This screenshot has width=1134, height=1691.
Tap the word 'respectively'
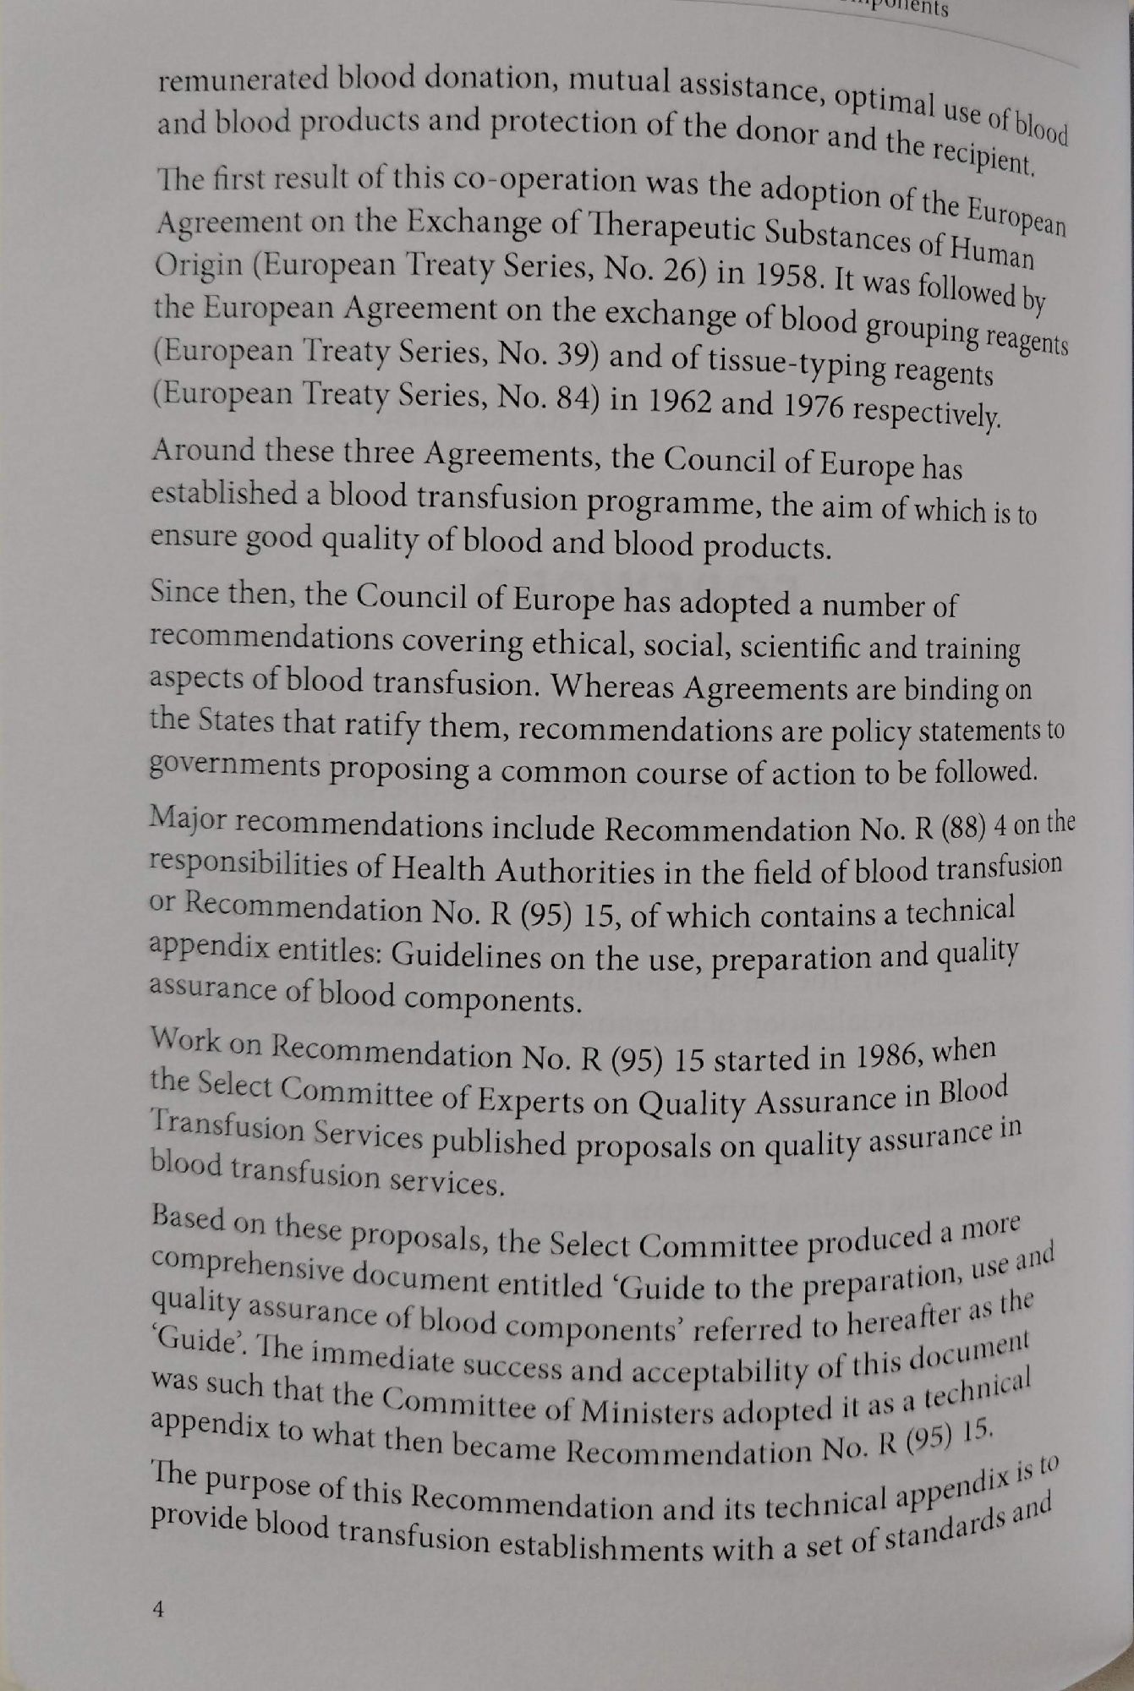(926, 413)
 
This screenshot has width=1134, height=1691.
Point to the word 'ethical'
(595, 645)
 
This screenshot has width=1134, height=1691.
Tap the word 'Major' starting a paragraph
(187, 818)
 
